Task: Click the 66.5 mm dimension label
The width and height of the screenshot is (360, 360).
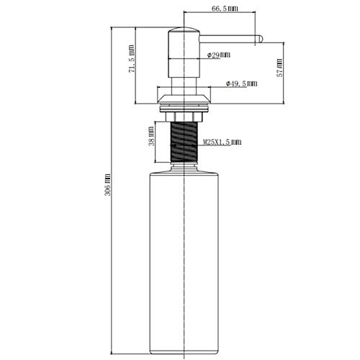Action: [225, 9]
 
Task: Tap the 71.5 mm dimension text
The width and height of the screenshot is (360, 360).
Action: [131, 59]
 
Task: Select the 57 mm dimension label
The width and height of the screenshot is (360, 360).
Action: [280, 68]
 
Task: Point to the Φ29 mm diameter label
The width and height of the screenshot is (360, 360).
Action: [219, 55]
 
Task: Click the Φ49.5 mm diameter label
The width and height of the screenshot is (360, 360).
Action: [241, 84]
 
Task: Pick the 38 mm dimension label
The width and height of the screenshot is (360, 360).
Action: [152, 136]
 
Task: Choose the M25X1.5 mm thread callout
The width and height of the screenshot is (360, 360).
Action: [222, 142]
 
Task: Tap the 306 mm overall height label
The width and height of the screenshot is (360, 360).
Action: [108, 185]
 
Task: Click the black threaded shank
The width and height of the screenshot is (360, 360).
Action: [184, 142]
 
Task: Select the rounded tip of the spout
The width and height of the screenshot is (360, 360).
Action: [260, 39]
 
